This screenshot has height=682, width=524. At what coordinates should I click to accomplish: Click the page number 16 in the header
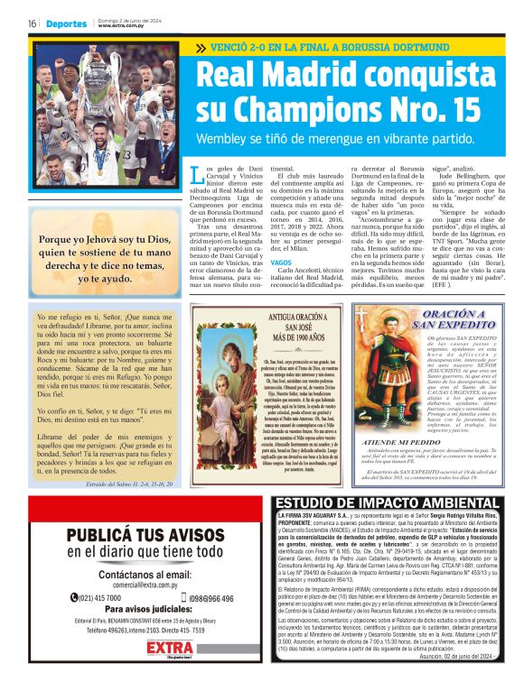[x=32, y=23]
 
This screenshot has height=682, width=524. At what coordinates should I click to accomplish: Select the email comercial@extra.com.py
[x=132, y=584]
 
